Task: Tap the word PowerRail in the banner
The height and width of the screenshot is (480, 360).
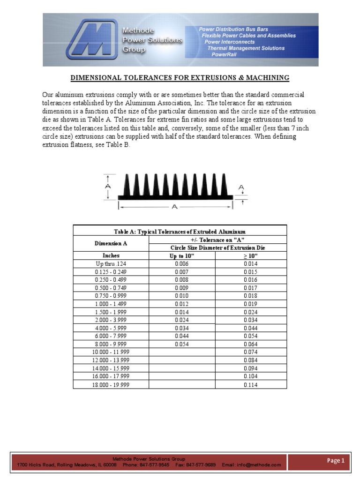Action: click(x=224, y=54)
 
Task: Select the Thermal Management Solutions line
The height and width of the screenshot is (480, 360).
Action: click(x=246, y=48)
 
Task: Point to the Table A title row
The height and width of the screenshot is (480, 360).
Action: click(x=180, y=231)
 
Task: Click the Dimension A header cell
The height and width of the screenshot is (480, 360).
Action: click(x=111, y=243)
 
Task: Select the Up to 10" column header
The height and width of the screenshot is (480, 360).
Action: click(x=182, y=255)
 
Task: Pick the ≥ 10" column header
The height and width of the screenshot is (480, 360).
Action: click(x=251, y=255)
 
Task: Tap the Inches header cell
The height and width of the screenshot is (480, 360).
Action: click(x=111, y=255)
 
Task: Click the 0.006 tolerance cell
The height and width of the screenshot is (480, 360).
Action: click(x=182, y=264)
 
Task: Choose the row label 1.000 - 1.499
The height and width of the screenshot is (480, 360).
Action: click(x=111, y=303)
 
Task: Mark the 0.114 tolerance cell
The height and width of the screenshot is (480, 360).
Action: click(x=251, y=385)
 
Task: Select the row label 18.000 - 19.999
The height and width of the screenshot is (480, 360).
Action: click(x=111, y=385)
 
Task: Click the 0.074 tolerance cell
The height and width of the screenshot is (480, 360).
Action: click(x=251, y=352)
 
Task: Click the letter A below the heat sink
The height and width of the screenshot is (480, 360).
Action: click(x=174, y=207)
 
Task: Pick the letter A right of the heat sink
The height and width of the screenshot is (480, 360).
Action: click(x=241, y=188)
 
